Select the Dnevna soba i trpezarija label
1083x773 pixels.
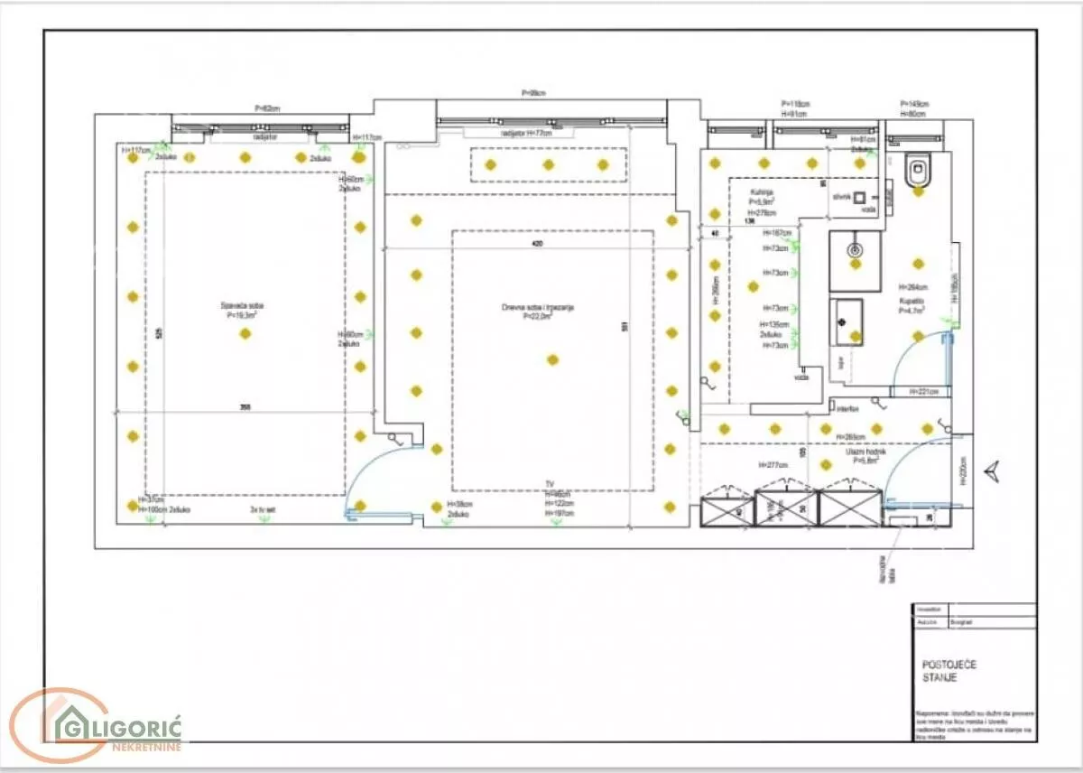(x=538, y=311)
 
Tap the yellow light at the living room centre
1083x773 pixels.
(x=552, y=359)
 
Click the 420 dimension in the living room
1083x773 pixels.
(x=538, y=244)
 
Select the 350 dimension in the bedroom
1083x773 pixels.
(x=245, y=408)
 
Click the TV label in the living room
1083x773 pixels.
(x=550, y=485)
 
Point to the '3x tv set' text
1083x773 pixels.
(x=263, y=511)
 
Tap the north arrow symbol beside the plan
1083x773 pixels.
(x=993, y=469)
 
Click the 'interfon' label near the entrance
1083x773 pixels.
(x=847, y=409)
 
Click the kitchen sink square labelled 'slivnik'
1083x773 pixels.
(x=860, y=196)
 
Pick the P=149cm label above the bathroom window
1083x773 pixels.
(x=914, y=104)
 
